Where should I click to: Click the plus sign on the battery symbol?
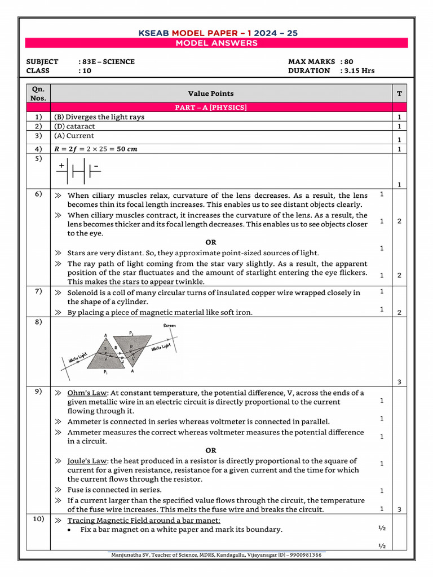point(61,166)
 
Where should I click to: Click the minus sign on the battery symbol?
point(96,166)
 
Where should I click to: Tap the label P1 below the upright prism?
point(105,372)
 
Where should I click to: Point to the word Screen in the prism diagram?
point(169,325)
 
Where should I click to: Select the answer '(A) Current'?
point(74,136)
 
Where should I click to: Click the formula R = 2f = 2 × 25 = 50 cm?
point(95,149)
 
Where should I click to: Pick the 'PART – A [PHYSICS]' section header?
point(210,107)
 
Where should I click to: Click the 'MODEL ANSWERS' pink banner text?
point(216,43)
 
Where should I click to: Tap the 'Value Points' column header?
point(210,94)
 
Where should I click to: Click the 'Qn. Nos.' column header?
point(38,94)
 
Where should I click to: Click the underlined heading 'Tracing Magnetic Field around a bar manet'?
point(144,520)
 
